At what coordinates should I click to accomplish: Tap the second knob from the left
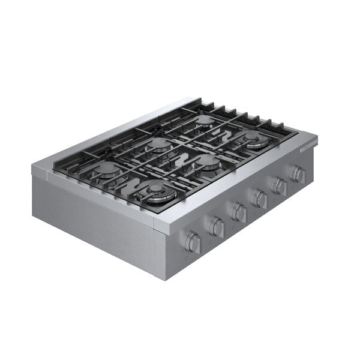[x=217, y=227]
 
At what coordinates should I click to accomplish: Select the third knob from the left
[x=239, y=212]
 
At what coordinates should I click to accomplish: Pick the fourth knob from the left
[x=260, y=199]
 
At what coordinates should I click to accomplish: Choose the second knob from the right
[x=280, y=186]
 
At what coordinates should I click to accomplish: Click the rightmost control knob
[x=298, y=174]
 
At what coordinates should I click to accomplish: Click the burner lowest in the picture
[x=155, y=191]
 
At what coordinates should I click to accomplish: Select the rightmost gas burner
[x=256, y=140]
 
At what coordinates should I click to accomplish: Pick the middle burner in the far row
[x=158, y=144]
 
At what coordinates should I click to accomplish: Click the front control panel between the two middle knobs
[x=250, y=207]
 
